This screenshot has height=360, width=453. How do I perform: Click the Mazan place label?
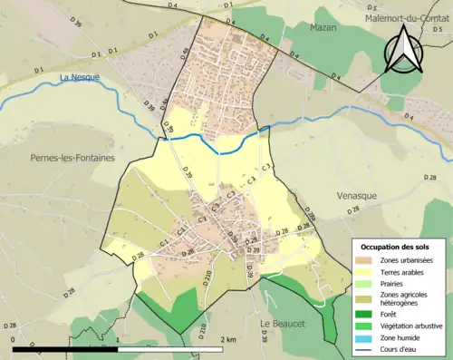(x=323, y=28)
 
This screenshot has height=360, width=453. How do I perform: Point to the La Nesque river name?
(x=78, y=78)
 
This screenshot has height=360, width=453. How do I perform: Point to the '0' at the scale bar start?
(x=14, y=338)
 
